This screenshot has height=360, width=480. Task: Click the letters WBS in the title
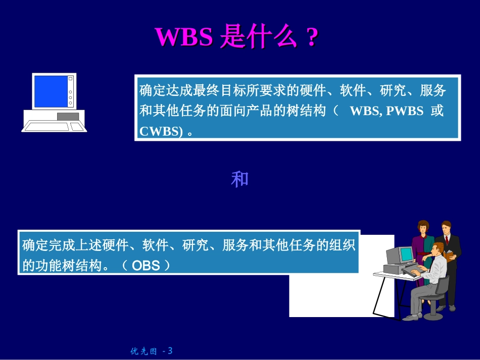point(183,37)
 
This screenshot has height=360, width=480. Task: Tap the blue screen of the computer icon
point(50,91)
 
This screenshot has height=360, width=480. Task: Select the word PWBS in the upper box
point(405,111)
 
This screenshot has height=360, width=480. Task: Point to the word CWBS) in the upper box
point(161,131)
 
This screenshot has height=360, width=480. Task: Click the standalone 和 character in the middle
point(239,180)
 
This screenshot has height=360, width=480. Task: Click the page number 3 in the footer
point(170,350)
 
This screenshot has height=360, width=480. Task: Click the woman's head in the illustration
point(423,228)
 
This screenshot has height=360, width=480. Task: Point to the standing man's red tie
point(447,239)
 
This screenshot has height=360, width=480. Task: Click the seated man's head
point(438,248)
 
